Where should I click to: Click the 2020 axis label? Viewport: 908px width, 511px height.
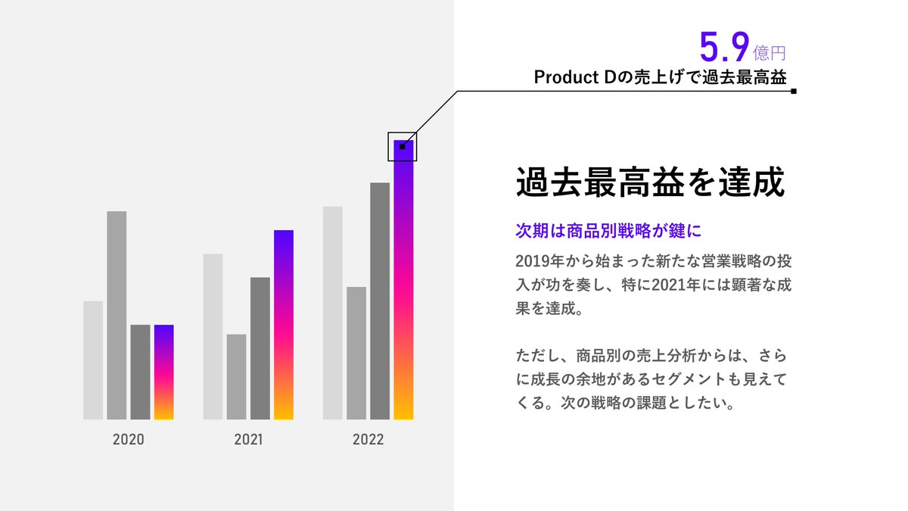click(x=128, y=440)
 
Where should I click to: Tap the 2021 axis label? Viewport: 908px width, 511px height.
click(x=248, y=440)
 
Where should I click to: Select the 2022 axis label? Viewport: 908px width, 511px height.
click(x=368, y=440)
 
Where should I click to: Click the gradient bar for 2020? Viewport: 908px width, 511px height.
click(x=163, y=372)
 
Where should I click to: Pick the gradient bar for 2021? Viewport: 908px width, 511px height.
click(x=284, y=325)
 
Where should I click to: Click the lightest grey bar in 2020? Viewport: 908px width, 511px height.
click(x=93, y=360)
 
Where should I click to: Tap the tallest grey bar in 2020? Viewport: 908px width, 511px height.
click(x=117, y=315)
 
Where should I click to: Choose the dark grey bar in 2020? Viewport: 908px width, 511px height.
click(x=140, y=372)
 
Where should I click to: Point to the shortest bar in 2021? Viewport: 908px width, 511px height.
click(x=236, y=376)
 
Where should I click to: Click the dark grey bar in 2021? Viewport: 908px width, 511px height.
click(x=260, y=348)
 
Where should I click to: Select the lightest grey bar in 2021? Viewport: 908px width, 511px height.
click(x=213, y=336)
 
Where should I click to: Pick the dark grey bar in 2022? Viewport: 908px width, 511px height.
click(x=380, y=301)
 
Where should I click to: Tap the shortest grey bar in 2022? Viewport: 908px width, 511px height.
click(x=356, y=353)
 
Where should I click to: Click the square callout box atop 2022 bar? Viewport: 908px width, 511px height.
click(x=403, y=146)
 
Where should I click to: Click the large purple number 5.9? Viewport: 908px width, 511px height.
click(x=724, y=47)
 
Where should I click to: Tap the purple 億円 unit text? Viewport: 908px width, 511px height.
click(x=770, y=53)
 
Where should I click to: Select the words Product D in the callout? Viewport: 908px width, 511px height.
click(x=577, y=77)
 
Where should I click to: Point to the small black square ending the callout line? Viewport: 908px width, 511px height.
click(x=794, y=91)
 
